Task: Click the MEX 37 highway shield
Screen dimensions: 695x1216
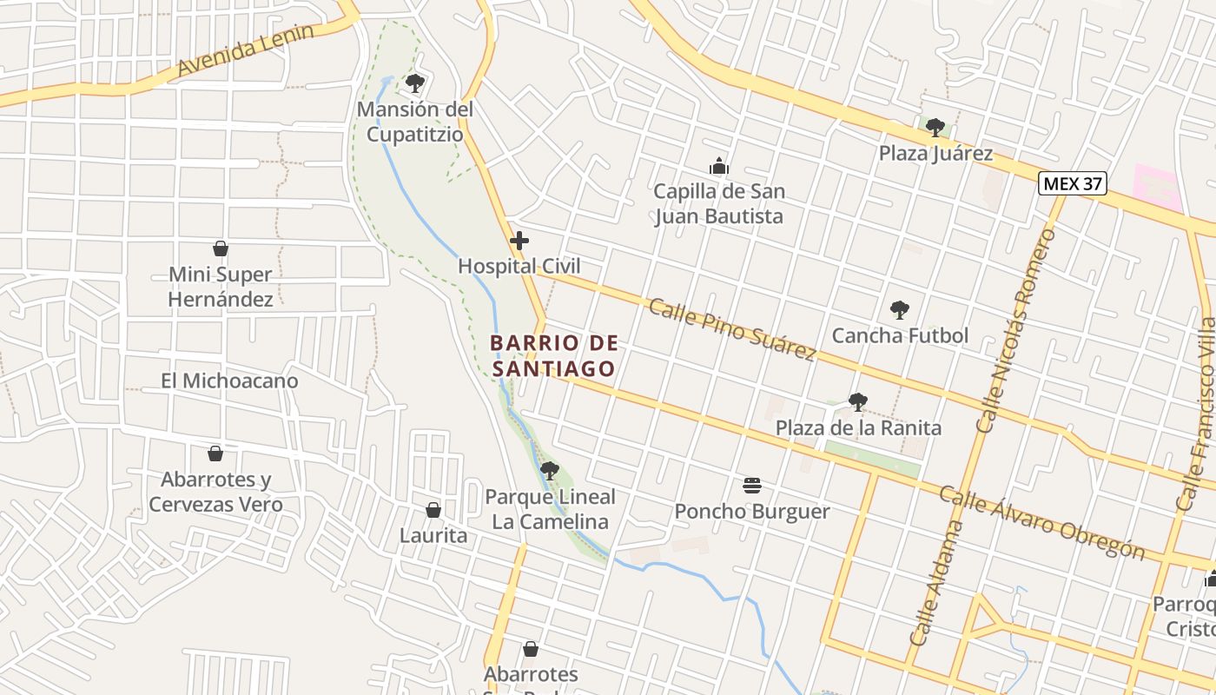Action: (1073, 183)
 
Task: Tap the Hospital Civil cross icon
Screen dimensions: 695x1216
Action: (519, 241)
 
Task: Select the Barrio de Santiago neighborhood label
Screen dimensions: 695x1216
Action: (554, 355)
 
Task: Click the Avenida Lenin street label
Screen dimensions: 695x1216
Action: (246, 52)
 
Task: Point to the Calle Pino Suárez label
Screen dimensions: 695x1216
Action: (732, 330)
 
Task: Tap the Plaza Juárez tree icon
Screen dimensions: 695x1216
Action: (935, 128)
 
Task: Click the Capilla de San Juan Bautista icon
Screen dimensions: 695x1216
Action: (718, 166)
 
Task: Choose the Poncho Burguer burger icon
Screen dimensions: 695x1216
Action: (752, 485)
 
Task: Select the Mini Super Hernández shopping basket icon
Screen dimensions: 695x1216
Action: (221, 249)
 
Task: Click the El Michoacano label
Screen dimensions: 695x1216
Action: (229, 381)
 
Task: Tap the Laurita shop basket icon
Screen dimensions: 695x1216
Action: (433, 510)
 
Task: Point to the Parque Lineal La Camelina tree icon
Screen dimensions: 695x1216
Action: (549, 471)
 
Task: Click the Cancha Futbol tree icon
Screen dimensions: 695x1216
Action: (899, 309)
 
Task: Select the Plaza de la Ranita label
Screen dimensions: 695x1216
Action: (858, 427)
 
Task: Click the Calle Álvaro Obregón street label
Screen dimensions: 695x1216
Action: (1041, 522)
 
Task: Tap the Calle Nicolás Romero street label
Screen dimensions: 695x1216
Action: (1015, 330)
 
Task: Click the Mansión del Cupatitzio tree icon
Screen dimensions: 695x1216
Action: (415, 83)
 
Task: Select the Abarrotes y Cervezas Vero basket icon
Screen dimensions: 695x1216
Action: (215, 453)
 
